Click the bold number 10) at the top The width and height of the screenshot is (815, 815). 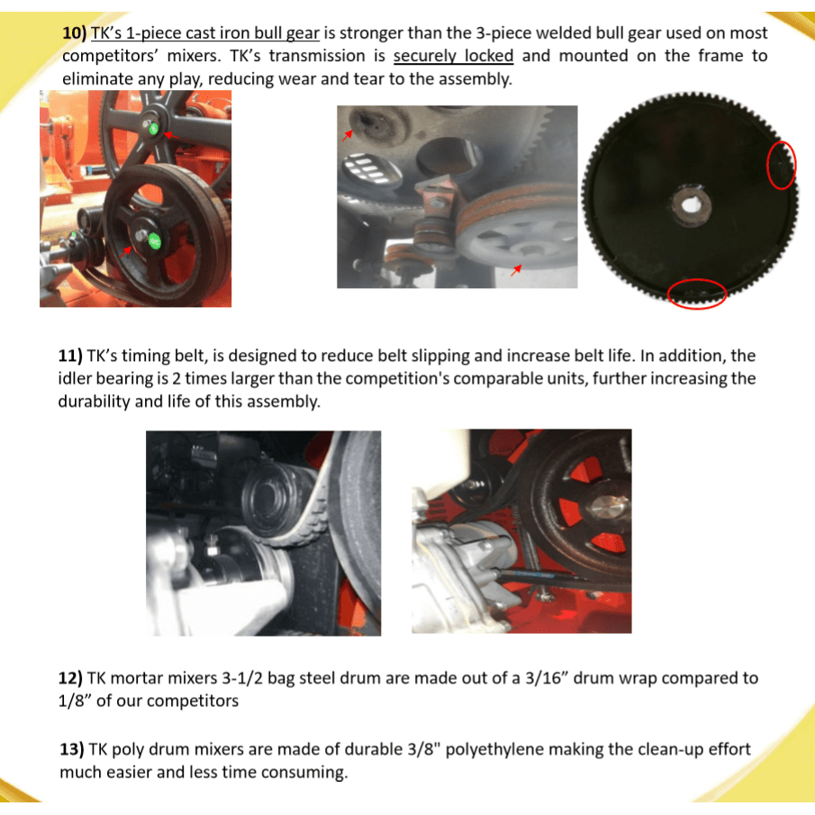click(75, 32)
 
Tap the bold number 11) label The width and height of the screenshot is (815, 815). click(70, 356)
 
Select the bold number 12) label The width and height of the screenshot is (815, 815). click(70, 678)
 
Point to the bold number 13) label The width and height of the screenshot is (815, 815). click(72, 749)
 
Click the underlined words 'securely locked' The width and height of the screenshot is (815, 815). click(453, 56)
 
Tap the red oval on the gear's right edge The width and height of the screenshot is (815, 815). click(782, 165)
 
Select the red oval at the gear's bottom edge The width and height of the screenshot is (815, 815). click(697, 294)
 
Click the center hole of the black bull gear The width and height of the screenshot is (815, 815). click(691, 204)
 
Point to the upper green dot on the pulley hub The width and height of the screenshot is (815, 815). click(153, 129)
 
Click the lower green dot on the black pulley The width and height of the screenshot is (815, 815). click(154, 240)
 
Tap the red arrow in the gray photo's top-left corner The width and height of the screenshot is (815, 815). click(348, 135)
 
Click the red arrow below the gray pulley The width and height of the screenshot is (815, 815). click(516, 270)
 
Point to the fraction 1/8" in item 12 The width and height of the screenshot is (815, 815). click(75, 701)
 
